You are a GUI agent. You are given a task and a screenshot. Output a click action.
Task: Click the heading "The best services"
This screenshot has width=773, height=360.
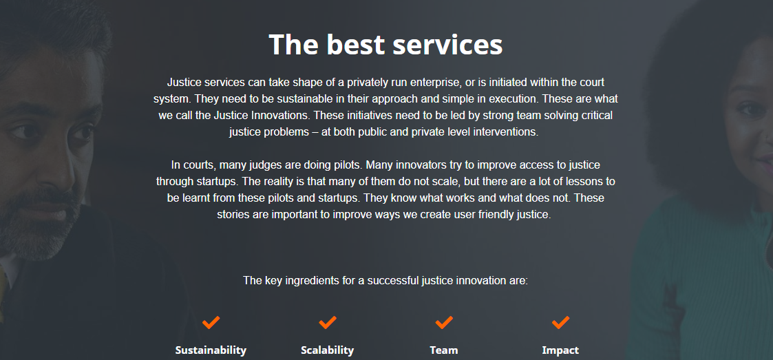pyautogui.click(x=385, y=45)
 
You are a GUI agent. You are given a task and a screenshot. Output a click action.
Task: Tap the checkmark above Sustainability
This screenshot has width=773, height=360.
pyautogui.click(x=211, y=322)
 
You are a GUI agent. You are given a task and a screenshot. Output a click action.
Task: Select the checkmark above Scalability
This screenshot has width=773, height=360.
pyautogui.click(x=328, y=322)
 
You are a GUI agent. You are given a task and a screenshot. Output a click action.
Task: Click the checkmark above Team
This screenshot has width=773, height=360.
pyautogui.click(x=444, y=322)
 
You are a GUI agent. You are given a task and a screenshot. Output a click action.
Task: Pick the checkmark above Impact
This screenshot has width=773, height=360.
pyautogui.click(x=561, y=322)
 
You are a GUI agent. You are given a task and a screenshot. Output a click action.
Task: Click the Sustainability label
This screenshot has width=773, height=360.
pyautogui.click(x=211, y=350)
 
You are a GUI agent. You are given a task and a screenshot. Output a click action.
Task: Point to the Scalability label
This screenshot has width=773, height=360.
pyautogui.click(x=328, y=350)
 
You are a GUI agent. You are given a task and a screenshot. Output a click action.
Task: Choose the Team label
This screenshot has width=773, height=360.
pyautogui.click(x=444, y=350)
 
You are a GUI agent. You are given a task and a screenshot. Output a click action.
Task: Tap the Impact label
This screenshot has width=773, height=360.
pyautogui.click(x=561, y=350)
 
